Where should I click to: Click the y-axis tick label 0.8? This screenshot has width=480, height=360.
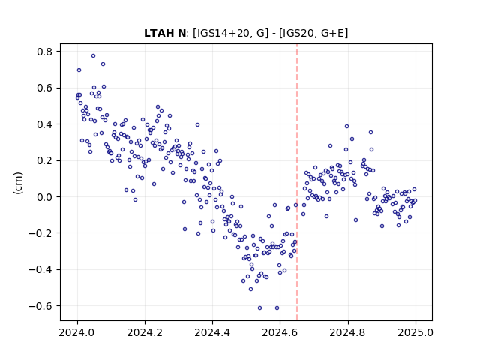tap(44, 52)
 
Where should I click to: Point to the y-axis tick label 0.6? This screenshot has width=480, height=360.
tap(44, 88)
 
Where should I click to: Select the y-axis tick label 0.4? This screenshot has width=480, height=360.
tap(44, 124)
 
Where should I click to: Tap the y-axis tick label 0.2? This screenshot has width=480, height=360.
tap(44, 160)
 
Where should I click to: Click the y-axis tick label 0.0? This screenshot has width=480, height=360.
tap(44, 197)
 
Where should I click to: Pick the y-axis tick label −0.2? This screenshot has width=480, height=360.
tap(40, 233)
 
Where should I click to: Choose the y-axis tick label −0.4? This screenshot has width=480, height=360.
tap(40, 270)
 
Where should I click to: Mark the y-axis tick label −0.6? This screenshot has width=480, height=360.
tap(40, 306)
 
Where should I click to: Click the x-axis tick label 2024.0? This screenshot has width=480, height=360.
tap(77, 332)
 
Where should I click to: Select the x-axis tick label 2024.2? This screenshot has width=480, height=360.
tap(145, 332)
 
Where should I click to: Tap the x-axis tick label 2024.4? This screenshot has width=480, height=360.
tap(212, 332)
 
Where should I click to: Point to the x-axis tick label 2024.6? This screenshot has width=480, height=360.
tap(280, 332)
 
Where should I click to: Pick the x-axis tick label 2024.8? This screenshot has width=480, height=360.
tap(347, 332)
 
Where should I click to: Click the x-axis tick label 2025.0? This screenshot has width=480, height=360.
tap(415, 332)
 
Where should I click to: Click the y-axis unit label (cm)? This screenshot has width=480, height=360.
tap(18, 183)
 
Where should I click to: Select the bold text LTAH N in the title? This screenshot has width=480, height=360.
tap(165, 33)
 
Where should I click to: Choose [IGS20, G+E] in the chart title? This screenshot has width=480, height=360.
tap(313, 33)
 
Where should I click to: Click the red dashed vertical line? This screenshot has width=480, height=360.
tap(297, 182)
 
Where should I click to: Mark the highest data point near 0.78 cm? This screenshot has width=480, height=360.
tap(93, 56)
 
